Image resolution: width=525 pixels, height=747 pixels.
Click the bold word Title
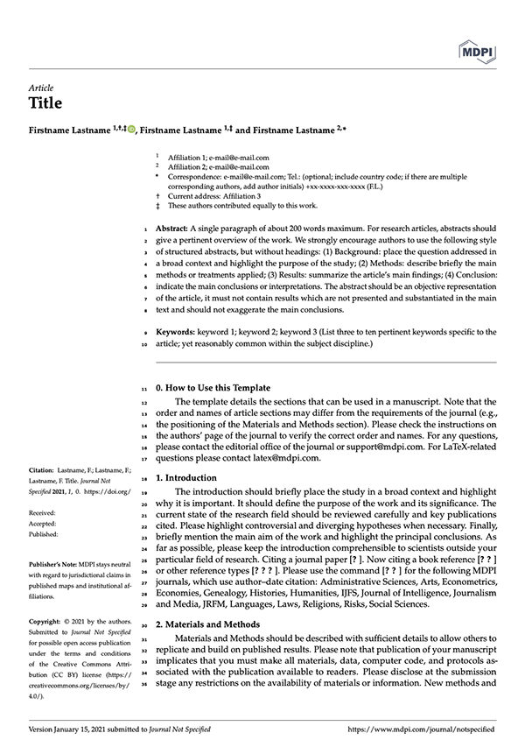pyautogui.click(x=45, y=103)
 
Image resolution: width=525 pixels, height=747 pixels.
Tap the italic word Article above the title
pyautogui.click(x=41, y=88)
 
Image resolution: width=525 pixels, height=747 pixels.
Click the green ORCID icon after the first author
pyautogui.click(x=131, y=130)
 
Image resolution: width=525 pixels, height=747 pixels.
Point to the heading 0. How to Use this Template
pyautogui.click(x=213, y=388)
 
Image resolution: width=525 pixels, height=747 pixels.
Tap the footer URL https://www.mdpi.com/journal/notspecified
pyautogui.click(x=422, y=729)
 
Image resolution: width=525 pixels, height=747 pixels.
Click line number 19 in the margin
pyautogui.click(x=143, y=493)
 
